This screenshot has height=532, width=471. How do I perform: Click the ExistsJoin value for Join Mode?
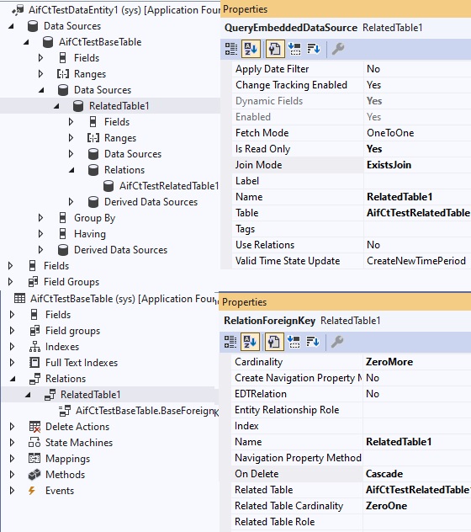[389, 165]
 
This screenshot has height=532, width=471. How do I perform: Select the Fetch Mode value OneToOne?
[390, 133]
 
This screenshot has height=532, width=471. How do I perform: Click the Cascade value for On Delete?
[384, 474]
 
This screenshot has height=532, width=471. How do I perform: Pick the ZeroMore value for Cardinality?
[389, 362]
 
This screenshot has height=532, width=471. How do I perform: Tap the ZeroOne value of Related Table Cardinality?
[386, 506]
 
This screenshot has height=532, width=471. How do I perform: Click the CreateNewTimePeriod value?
[416, 261]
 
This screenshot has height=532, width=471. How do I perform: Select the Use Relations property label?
[265, 245]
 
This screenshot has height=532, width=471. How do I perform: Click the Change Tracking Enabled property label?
[291, 85]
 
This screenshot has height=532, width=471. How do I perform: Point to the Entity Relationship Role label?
[287, 410]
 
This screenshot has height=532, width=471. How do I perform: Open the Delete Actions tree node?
[77, 427]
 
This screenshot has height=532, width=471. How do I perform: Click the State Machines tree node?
[79, 443]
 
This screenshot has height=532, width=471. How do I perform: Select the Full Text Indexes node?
[82, 363]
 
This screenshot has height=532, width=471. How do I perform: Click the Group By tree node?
[94, 218]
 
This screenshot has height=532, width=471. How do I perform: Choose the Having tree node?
[90, 234]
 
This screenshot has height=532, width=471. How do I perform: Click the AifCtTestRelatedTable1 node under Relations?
[169, 186]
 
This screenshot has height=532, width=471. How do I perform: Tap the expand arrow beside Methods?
[13, 474]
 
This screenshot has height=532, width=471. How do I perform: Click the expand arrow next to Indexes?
[13, 347]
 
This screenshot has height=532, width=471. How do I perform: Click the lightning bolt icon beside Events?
[32, 491]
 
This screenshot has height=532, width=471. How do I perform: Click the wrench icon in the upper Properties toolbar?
[338, 49]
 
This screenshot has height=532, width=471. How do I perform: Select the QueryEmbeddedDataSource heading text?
[291, 28]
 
